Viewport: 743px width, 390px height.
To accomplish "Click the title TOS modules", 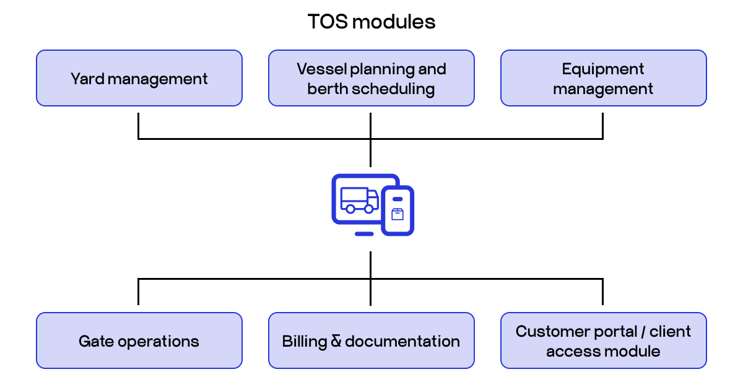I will point(371,22).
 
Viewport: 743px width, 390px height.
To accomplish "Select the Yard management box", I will point(139,78).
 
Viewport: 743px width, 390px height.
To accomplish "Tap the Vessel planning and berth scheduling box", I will point(371,78).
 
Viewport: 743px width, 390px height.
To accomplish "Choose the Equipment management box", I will point(603,78).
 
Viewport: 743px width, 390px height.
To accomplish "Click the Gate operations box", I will point(139,340).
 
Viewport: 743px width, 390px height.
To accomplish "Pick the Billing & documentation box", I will point(371,340).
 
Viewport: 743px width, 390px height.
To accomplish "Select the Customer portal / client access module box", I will point(603,340).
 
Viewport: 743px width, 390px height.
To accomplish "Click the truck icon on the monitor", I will point(358,200).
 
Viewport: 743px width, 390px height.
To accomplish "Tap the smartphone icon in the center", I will point(398,210).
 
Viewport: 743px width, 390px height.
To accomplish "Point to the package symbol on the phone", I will point(398,214).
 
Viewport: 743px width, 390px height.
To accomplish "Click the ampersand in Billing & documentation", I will point(336,341).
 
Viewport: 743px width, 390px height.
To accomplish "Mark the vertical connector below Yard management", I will point(138,125).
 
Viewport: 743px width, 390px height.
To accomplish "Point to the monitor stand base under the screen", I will point(364,234).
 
